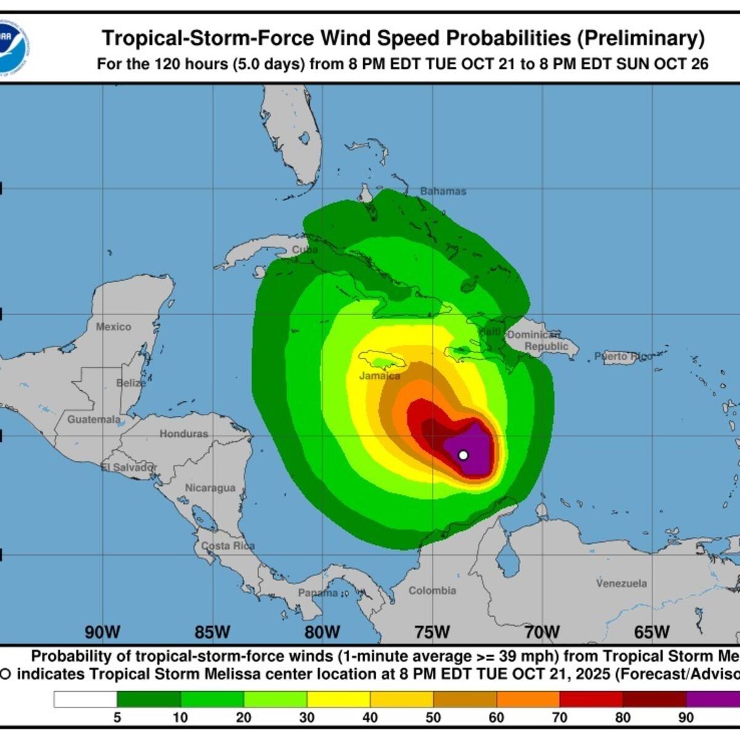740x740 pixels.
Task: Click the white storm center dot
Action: point(463,455)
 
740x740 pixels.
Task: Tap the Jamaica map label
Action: point(380,376)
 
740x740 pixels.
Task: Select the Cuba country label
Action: point(305,250)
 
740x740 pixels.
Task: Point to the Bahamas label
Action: point(443,191)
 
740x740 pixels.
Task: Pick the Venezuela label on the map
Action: point(622,583)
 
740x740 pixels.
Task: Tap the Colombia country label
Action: point(432,590)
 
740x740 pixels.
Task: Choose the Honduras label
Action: point(184,434)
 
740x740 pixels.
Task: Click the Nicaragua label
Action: point(210,488)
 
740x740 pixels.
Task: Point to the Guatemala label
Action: point(94,419)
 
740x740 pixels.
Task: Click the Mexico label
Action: point(113,326)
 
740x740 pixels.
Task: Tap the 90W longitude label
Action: point(102,632)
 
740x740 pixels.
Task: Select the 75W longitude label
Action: point(432,632)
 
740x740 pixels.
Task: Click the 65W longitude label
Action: point(652,632)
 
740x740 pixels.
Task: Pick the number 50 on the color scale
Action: point(433,717)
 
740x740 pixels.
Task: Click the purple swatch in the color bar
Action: point(713,699)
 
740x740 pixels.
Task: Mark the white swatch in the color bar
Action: point(85,699)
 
